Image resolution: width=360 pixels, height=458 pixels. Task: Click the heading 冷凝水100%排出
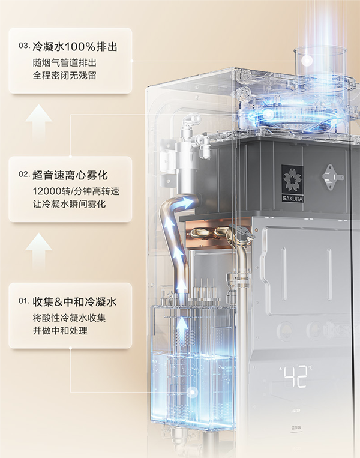coord(75,46)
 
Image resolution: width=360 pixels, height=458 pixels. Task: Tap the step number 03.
coord(24,46)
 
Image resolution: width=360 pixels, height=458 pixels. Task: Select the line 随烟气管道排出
coord(65,63)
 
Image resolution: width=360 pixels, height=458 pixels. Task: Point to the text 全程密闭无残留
coord(65,76)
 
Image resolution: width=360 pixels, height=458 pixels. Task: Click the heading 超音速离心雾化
coord(70,175)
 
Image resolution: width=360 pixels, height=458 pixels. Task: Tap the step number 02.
coord(24,175)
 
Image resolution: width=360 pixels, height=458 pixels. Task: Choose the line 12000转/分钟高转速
coord(76,191)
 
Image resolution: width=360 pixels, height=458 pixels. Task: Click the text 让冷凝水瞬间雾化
coord(69,204)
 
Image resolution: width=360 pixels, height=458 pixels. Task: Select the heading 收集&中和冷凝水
coord(75,302)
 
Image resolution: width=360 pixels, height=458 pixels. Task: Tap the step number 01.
coord(24,301)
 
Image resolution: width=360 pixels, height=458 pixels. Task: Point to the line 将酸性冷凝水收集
coord(69,318)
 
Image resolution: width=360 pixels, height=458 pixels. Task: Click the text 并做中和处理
coord(60,331)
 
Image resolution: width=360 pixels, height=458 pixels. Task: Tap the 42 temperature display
coord(296,376)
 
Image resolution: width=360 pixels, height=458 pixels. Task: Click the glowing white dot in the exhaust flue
coord(307,61)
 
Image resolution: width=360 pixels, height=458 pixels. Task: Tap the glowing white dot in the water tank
coord(192,392)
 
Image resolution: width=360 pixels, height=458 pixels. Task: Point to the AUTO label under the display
coord(296,411)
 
